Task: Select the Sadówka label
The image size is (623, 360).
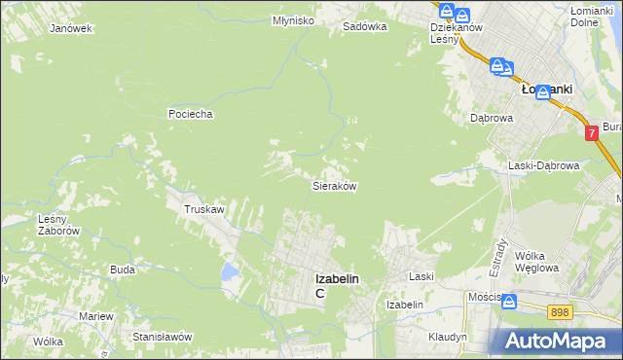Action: tap(364, 27)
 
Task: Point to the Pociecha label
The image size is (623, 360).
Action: tap(190, 114)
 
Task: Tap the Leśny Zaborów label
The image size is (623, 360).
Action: tap(57, 225)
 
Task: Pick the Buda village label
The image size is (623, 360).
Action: tap(123, 270)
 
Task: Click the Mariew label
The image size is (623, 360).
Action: tap(96, 317)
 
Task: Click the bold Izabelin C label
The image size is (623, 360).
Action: tap(334, 285)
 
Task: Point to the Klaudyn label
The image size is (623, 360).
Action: tap(448, 337)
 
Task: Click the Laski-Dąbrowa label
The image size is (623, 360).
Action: tap(543, 165)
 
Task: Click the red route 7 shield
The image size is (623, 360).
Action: tap(591, 132)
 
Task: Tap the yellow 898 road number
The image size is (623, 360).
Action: tap(559, 311)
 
